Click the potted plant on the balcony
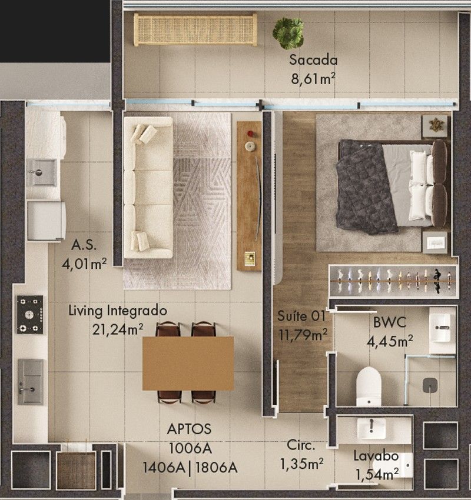tap(288, 33)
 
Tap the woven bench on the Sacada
tap(195, 29)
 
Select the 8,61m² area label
tap(313, 78)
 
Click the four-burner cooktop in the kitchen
tap(29, 315)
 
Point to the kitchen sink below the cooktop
tap(31, 382)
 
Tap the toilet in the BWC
tap(369, 386)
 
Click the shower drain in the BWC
tap(430, 385)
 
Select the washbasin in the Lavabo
tap(371, 429)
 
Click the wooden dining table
tap(188, 364)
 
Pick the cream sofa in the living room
tap(148, 187)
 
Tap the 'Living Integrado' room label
tap(118, 310)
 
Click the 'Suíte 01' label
tap(301, 316)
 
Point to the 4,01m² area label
tap(84, 264)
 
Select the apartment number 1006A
tap(190, 448)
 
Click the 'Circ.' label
tap(301, 445)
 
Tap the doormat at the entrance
tap(77, 471)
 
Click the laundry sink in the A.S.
tap(41, 172)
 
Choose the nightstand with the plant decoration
tap(434, 126)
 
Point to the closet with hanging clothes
tap(394, 281)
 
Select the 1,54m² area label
tap(377, 475)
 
